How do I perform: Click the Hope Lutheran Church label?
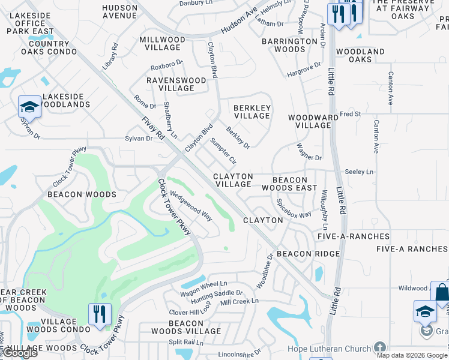pos(327,347)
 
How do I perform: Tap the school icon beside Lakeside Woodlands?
pos(29,107)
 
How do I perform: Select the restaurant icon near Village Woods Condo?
pos(100,314)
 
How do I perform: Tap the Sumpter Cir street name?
pos(223,152)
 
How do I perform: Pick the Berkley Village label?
pos(252,112)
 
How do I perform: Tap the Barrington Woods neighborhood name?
pos(289,45)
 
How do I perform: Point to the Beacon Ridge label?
pos(308,254)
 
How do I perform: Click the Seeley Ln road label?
pos(359,172)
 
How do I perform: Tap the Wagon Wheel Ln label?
pos(204,284)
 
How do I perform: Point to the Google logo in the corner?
pos(20,353)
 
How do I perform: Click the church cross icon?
pos(379,347)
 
